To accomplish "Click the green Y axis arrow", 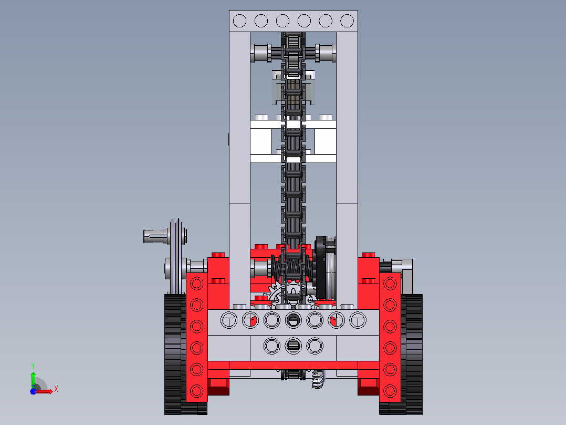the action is [x=33, y=380].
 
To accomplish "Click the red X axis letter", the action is [x=56, y=389].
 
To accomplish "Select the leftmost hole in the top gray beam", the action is [x=239, y=21].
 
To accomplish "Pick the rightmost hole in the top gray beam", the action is [x=347, y=21].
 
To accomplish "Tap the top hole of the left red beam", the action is [x=197, y=283].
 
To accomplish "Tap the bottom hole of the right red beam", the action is [x=390, y=391].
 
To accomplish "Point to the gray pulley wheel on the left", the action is [x=175, y=256].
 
